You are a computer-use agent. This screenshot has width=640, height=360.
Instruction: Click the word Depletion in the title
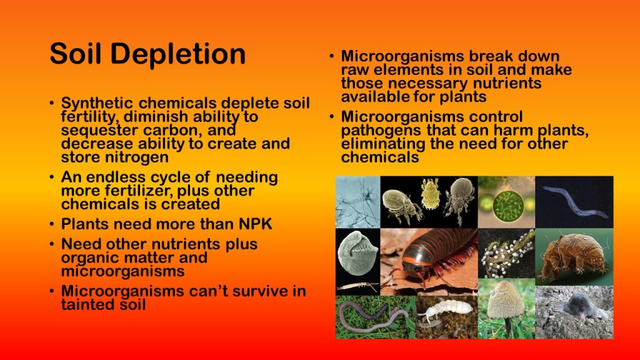(178, 54)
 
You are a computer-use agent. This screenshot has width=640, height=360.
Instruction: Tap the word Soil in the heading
(76, 54)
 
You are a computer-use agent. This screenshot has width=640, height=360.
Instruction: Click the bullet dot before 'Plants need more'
(51, 224)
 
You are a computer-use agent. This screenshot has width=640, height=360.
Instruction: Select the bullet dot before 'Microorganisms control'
(331, 117)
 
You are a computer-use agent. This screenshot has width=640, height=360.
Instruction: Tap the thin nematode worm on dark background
(574, 202)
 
